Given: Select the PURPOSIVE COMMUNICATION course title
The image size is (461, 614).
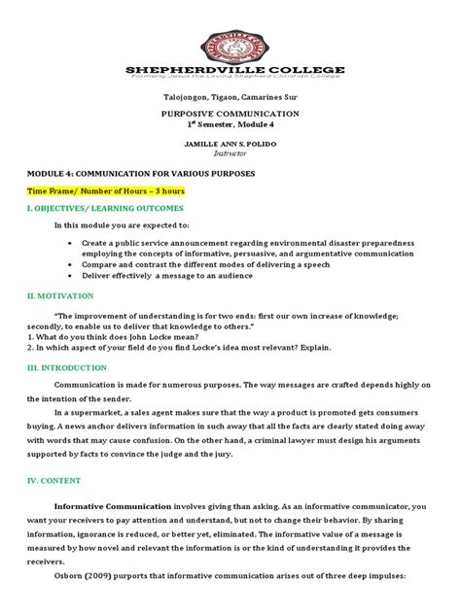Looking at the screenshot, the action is (x=230, y=114).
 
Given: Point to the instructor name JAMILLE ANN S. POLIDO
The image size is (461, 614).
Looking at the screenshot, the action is (x=230, y=143).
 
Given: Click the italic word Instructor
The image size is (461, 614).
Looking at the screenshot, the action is (x=230, y=153).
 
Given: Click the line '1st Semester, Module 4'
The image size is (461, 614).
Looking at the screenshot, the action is (x=230, y=125).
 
